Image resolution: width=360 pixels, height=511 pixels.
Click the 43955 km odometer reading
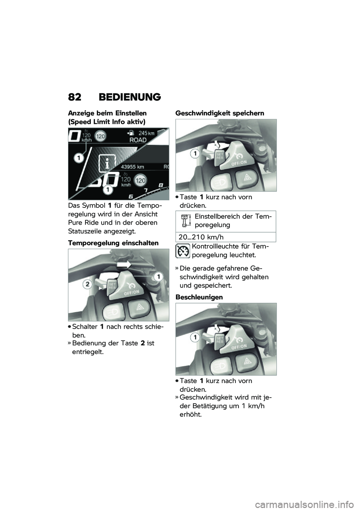point(133,167)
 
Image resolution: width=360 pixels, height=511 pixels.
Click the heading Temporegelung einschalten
point(113,243)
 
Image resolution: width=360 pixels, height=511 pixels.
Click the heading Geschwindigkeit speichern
point(220,113)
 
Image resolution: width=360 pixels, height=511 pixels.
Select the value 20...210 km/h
point(201,237)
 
